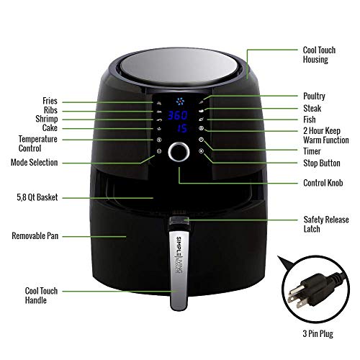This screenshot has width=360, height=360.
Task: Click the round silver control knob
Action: tap(179, 152)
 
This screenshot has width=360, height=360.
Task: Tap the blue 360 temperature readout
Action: tap(178, 115)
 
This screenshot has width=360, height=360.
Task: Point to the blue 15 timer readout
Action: tap(182, 128)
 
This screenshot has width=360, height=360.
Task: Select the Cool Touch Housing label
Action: tap(319, 55)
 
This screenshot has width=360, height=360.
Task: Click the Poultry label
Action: tap(314, 96)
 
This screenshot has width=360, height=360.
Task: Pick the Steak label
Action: tap(312, 108)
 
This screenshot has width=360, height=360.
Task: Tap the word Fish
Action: tap(310, 120)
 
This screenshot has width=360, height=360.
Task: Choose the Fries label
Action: tap(50, 101)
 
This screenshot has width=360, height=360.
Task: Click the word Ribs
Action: tap(50, 110)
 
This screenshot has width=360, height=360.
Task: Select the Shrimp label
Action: tap(47, 119)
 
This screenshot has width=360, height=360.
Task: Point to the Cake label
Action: tap(50, 127)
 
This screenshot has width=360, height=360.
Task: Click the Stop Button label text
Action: tap(322, 163)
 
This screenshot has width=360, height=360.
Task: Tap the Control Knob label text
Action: tap(323, 183)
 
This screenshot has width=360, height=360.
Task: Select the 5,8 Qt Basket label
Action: tap(37, 197)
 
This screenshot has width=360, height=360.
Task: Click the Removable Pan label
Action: tap(35, 235)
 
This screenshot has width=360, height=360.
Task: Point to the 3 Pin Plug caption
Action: tap(318, 334)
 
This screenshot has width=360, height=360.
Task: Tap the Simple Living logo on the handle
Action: tap(179, 255)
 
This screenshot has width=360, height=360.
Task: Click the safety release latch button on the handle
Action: tap(179, 221)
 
